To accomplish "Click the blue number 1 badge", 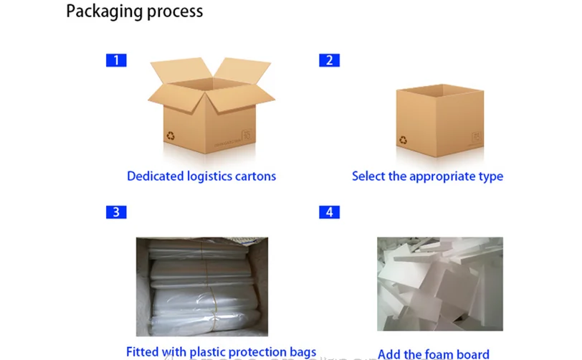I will [x=116, y=60].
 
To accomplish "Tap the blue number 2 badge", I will [x=329, y=60].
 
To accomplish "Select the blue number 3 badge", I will [x=116, y=212].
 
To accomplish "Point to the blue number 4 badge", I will [x=329, y=212].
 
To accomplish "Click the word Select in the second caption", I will [x=368, y=176].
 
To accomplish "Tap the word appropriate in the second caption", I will [x=443, y=176].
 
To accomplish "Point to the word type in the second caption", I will [x=491, y=176].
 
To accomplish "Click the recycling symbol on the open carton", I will [x=171, y=134].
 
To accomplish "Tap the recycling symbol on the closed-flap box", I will [x=404, y=139].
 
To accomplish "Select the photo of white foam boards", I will [x=440, y=283].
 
